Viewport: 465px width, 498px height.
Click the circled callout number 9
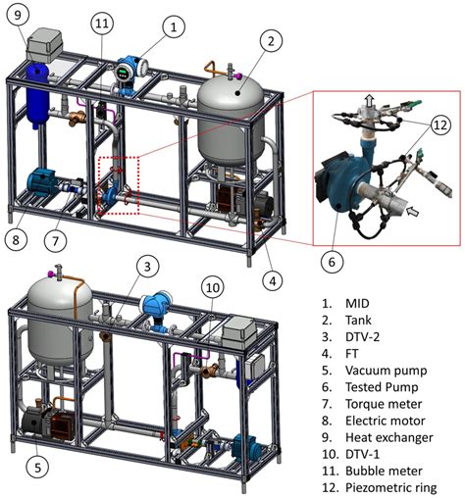[x=22, y=14]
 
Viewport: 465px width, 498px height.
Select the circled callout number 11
[x=103, y=22]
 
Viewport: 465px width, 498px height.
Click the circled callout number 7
[x=58, y=240]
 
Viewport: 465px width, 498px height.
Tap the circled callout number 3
[x=145, y=266]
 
